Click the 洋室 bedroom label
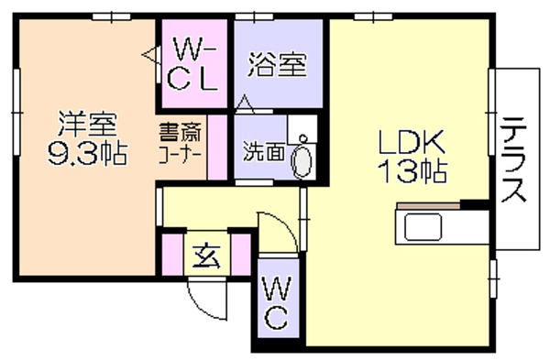coord(87,124)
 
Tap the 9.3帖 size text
coord(87,154)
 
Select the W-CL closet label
coord(192,64)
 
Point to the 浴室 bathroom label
coord(278,64)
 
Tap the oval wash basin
coord(302,162)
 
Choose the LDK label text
coord(412,142)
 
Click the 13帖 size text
coord(412,171)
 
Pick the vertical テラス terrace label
coord(514,159)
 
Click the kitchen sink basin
coord(423,227)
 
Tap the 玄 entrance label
coord(206,256)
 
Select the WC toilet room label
coord(277,303)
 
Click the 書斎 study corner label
coord(181,132)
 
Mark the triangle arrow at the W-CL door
coord(149,55)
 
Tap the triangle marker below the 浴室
coord(245,103)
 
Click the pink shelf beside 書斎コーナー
coord(217,147)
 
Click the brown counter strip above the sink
coord(428,206)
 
